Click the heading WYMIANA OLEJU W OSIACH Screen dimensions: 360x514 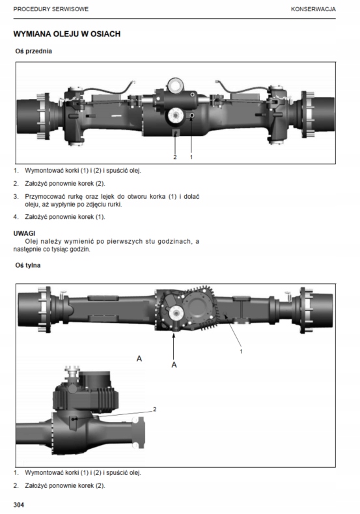67,34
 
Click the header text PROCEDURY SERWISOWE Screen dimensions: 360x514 51,9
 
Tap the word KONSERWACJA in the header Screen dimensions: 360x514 313,9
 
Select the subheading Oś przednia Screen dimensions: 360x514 33,51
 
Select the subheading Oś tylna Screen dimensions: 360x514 28,265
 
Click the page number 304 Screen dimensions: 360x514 19,505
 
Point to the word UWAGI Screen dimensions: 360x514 24,233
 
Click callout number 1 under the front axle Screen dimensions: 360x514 191,158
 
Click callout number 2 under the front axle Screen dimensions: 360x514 175,158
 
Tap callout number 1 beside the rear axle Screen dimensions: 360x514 242,351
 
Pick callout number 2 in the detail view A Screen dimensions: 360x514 155,409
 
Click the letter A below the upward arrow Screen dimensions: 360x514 174,365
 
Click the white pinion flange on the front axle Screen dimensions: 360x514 176,115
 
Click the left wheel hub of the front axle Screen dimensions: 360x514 33,116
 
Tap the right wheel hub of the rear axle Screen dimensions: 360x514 316,310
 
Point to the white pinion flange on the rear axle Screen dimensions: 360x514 176,314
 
